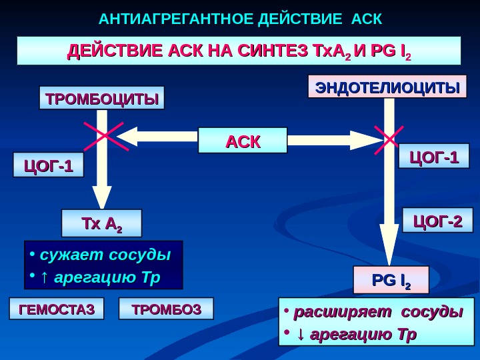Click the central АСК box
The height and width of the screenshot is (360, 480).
click(243, 141)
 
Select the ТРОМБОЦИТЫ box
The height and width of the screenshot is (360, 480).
click(102, 99)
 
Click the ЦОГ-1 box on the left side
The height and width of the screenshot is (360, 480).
click(49, 165)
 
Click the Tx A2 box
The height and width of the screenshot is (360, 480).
click(101, 223)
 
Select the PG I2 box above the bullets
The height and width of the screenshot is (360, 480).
click(391, 280)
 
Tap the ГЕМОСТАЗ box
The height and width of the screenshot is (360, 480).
click(57, 309)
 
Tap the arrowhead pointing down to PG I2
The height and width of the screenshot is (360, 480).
click(389, 250)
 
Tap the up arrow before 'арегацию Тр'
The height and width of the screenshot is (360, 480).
click(44, 276)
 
